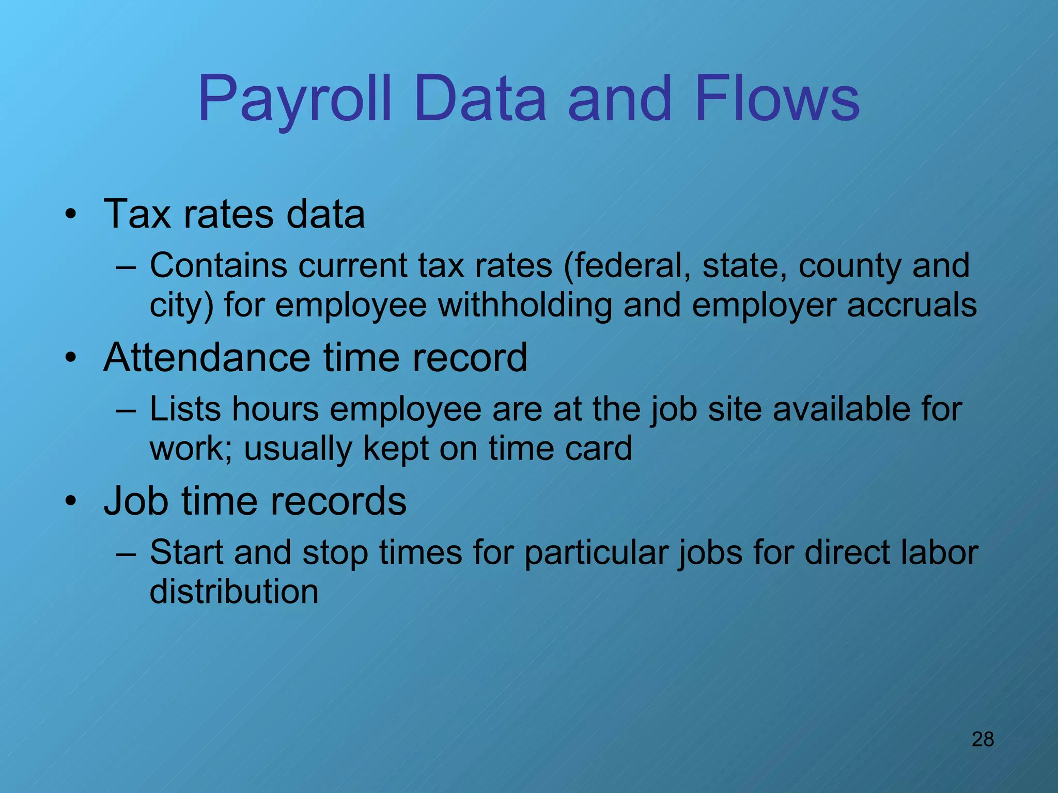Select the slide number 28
point(983,739)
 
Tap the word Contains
point(218,265)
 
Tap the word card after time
point(598,448)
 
